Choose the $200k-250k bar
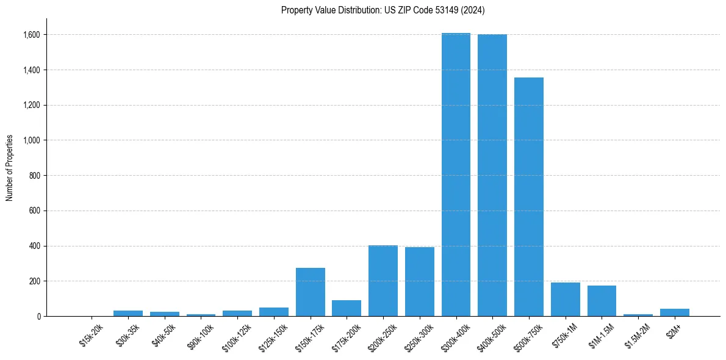tap(383, 281)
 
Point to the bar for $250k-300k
tap(420, 281)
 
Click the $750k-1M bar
tap(565, 299)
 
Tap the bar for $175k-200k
tap(347, 308)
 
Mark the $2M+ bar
tap(674, 312)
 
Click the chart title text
tap(383, 10)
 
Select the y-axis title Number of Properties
tap(10, 168)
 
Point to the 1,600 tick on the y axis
tap(32, 35)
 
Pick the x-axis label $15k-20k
tap(91, 335)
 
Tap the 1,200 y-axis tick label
tap(32, 105)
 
